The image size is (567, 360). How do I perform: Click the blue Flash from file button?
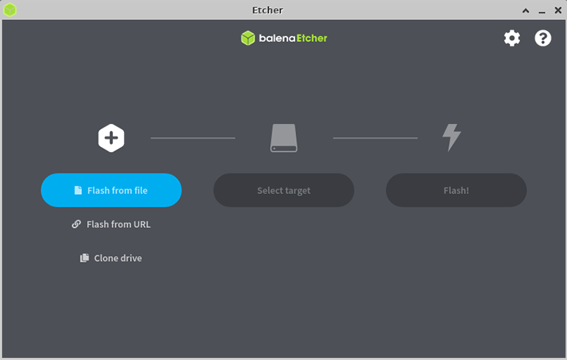coord(111,190)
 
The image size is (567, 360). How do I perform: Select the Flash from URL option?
coord(111,224)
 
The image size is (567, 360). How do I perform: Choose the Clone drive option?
coord(111,258)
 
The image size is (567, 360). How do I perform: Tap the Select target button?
coord(283,190)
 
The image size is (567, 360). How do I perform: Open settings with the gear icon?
coord(512,38)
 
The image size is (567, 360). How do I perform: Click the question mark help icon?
coord(543,38)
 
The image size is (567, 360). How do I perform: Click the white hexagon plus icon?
coord(111,138)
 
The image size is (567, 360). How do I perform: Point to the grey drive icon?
coord(283,138)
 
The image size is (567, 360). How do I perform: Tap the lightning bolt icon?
coord(452,138)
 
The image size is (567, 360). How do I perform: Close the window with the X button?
coord(558,10)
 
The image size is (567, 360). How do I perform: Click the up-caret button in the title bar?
coord(526,10)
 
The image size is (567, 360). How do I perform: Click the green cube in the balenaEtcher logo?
coord(248,38)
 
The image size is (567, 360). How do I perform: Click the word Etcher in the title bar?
coord(267,10)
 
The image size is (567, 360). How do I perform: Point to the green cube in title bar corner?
coord(10,10)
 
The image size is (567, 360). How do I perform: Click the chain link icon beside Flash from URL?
coord(76,224)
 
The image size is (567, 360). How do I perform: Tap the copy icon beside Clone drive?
coord(84,257)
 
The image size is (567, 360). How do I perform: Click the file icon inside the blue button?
coord(78,190)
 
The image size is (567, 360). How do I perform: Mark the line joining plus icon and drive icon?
coord(193,138)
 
